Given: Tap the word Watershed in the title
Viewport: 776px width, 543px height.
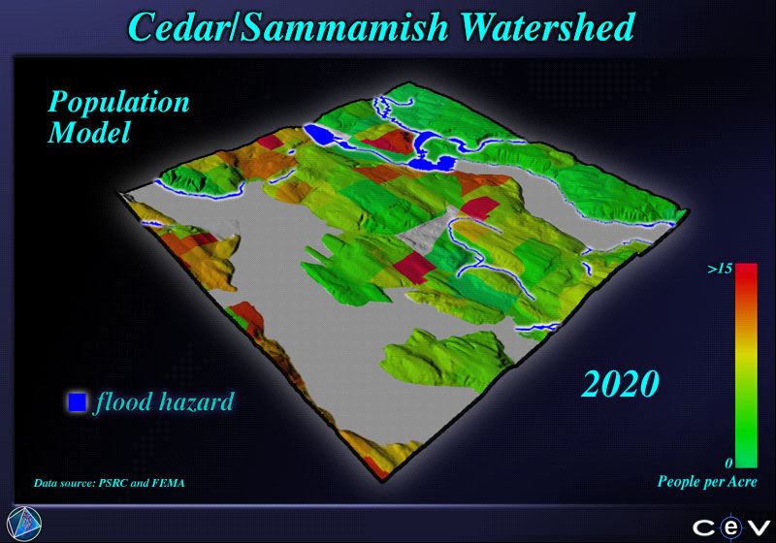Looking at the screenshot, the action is tap(547, 27).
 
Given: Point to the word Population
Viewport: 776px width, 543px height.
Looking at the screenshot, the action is tap(118, 104).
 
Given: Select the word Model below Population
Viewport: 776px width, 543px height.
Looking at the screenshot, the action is tap(89, 132).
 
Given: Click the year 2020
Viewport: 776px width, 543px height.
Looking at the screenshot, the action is tap(620, 384).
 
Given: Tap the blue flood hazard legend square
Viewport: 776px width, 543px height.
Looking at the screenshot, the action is tap(78, 401).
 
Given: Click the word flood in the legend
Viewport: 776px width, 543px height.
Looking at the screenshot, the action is tap(123, 401).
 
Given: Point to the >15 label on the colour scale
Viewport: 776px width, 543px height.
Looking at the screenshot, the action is tap(720, 269).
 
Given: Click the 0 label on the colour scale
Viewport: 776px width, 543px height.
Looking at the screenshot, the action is tap(728, 463).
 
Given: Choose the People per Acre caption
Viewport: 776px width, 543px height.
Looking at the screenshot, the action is tap(707, 482).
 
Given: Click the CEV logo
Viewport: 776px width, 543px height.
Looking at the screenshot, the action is tap(731, 528).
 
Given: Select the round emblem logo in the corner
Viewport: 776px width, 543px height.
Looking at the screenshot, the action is tap(24, 524).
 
